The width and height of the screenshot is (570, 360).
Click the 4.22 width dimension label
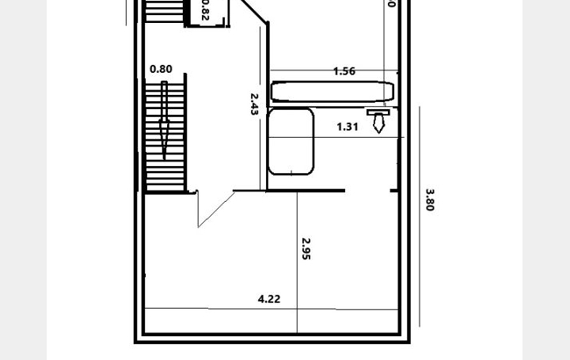tap(269, 299)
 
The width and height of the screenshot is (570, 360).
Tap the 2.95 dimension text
tap(306, 248)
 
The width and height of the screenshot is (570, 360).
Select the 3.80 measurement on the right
tap(430, 199)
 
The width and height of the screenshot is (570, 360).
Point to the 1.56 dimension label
tap(344, 71)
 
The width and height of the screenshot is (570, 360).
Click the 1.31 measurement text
tap(348, 127)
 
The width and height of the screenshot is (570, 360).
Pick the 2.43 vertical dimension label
tap(254, 104)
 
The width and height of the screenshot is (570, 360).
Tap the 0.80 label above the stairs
tap(161, 70)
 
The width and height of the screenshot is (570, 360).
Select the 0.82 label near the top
tap(205, 11)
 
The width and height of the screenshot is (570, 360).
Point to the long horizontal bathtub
tap(332, 91)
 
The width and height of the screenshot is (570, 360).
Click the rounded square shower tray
tap(291, 141)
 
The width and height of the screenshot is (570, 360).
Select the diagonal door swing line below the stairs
tap(216, 210)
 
